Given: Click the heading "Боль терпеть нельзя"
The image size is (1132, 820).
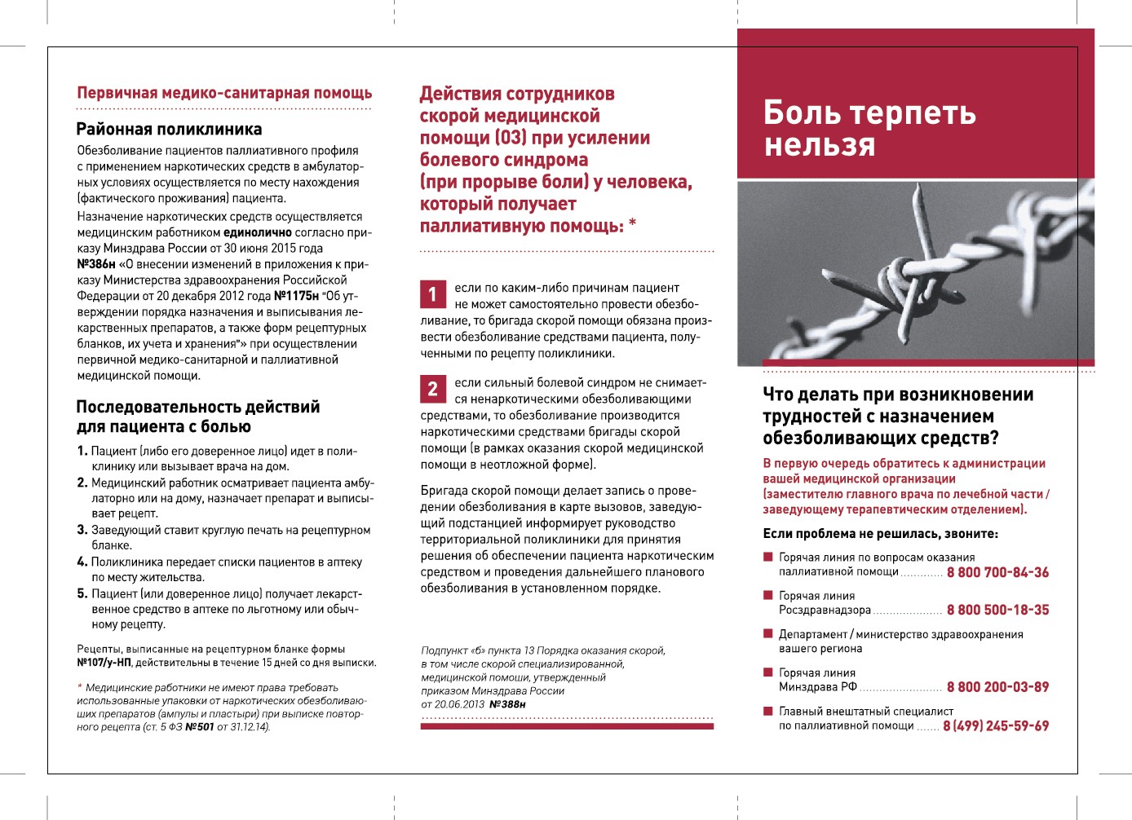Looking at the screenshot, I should [x=869, y=128].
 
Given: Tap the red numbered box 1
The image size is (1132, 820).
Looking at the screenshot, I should [x=432, y=294].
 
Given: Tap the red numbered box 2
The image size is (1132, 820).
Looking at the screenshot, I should [x=432, y=389].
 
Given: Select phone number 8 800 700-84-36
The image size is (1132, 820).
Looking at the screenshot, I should [x=997, y=572].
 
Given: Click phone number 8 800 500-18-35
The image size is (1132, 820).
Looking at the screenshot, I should [x=997, y=610].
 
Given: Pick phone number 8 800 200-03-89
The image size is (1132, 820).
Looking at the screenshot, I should [x=997, y=687].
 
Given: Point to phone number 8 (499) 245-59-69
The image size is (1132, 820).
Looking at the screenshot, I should [x=996, y=725].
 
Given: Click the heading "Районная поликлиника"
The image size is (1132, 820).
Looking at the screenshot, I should [x=169, y=129].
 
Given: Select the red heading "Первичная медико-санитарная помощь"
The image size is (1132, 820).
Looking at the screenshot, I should [x=224, y=93].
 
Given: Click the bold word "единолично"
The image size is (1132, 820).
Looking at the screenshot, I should [x=258, y=232].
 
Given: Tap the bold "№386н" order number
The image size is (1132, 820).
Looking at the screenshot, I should [x=96, y=264].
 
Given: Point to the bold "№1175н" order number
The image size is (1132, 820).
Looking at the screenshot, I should [x=296, y=296].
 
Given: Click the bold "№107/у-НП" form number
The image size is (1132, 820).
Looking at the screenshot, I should [x=104, y=663].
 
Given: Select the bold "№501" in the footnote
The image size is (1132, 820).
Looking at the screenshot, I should [x=199, y=727].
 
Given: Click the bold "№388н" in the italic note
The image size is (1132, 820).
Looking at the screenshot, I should [x=506, y=704].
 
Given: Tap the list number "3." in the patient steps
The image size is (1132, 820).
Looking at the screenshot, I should [x=82, y=530].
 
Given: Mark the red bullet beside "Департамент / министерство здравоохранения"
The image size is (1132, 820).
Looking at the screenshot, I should [x=767, y=633].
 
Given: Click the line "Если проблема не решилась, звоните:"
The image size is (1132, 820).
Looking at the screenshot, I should [x=880, y=534].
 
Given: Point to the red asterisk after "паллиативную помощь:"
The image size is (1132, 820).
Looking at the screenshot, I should [x=632, y=223].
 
